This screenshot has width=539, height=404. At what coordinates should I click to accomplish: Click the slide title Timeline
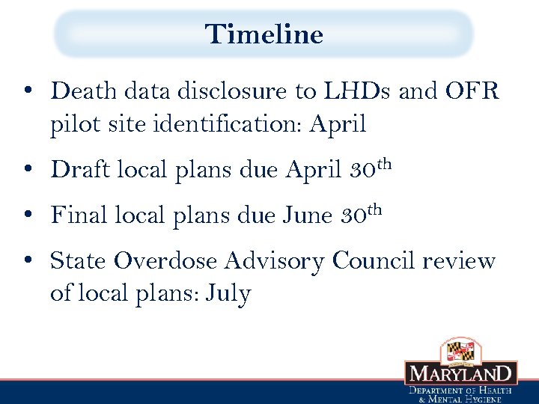pos(264,34)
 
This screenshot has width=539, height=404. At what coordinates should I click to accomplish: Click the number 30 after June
pos(354,215)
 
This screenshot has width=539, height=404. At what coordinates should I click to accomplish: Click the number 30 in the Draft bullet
pos(364,170)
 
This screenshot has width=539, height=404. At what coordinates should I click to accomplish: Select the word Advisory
pos(276,262)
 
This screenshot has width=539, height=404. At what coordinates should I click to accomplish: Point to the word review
pos(459,261)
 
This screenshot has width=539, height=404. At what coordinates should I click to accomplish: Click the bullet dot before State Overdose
pos(27,261)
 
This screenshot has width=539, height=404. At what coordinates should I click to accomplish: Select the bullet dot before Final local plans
pos(27,215)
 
